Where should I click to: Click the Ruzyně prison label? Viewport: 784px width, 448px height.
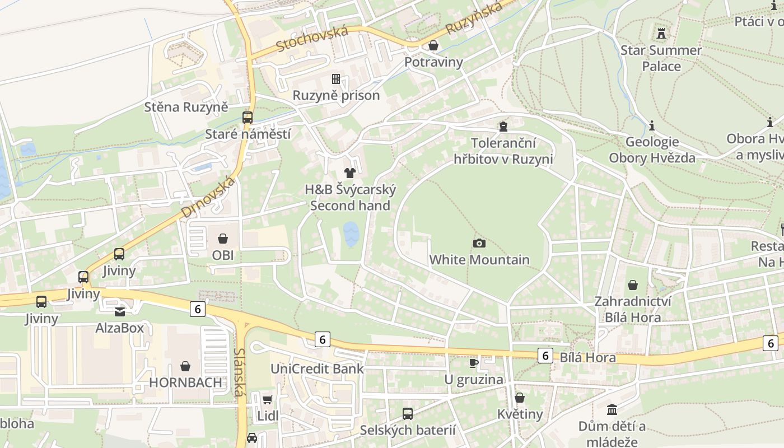(336, 95)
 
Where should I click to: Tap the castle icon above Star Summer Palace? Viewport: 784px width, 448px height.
(661, 33)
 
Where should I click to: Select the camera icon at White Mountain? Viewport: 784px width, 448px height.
(479, 243)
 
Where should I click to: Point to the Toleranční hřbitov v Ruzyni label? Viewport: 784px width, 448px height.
(503, 151)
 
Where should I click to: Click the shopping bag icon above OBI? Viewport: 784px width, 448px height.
(223, 239)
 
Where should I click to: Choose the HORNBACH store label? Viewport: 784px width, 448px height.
(185, 382)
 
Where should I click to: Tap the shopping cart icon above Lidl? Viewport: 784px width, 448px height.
(268, 399)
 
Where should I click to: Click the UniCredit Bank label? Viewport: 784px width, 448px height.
(317, 368)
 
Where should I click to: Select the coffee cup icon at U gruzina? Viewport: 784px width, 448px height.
(474, 363)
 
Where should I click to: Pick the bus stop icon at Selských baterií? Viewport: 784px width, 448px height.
(408, 414)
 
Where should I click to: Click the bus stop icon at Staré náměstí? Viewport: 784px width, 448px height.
(248, 117)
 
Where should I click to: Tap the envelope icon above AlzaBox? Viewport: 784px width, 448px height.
(120, 311)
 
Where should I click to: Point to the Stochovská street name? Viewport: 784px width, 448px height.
(312, 38)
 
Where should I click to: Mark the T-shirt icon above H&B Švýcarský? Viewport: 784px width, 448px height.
(350, 172)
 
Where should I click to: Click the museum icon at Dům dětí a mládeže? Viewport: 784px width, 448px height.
(612, 409)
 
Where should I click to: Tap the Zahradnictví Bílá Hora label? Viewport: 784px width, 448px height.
(632, 310)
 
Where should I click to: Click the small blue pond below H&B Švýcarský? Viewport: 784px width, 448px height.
(351, 234)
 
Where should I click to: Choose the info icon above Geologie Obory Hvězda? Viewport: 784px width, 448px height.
(652, 125)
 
